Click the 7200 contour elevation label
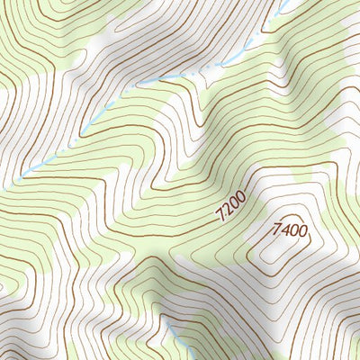pos(231,208)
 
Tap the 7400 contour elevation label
pos(289,231)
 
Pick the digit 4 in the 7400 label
pos(283,230)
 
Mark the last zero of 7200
pos(241,199)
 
